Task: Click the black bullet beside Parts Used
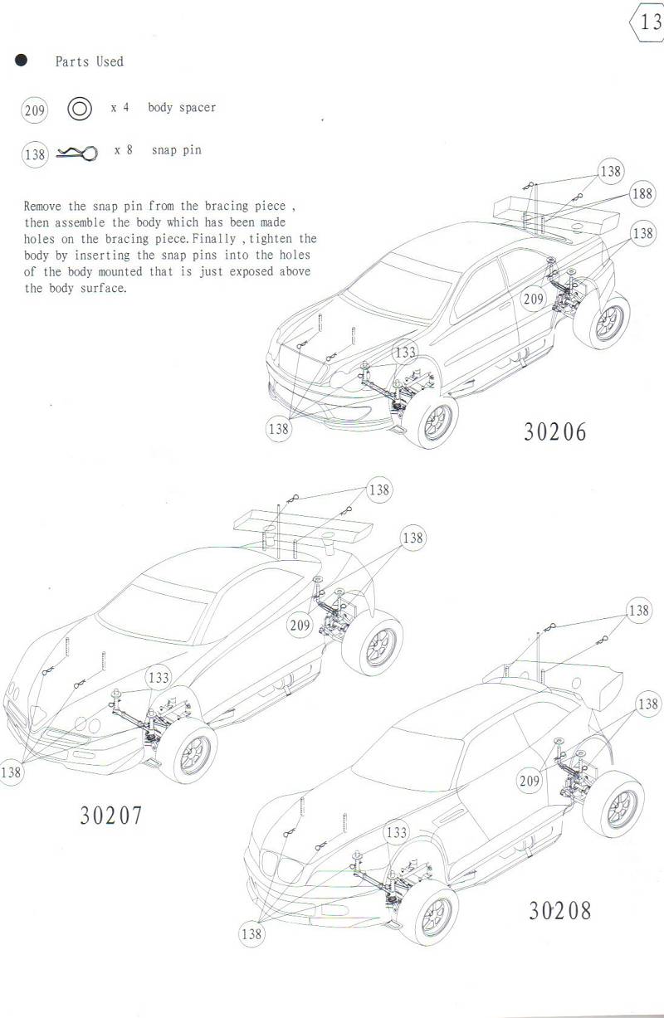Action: click(22, 61)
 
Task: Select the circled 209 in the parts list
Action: click(35, 110)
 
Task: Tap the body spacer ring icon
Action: click(80, 109)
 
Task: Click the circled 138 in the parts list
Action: click(35, 154)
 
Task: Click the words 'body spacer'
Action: click(182, 108)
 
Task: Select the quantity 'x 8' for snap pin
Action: click(124, 150)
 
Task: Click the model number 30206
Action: click(554, 431)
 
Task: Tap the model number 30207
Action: click(111, 815)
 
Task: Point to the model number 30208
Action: click(560, 910)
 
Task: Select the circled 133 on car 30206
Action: click(405, 353)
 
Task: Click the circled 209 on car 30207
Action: click(300, 626)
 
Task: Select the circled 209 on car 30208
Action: click(529, 781)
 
